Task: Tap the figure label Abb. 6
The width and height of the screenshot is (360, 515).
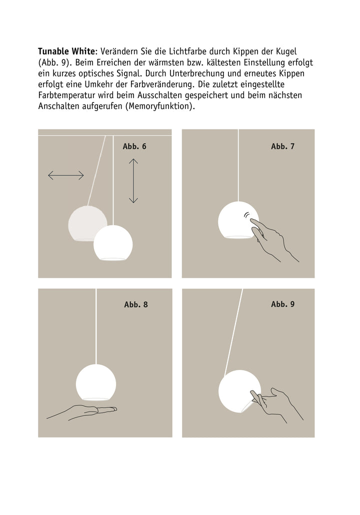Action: [134, 146]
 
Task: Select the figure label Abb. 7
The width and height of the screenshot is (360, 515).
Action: [283, 146]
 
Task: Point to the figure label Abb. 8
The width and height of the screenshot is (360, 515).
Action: [136, 304]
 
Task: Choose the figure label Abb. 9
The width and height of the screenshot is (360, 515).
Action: [283, 304]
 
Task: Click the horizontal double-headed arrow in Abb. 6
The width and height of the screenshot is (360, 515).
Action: [66, 175]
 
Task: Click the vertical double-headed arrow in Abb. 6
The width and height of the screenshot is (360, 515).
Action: [133, 180]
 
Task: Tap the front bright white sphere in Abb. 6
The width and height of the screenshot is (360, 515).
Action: [113, 243]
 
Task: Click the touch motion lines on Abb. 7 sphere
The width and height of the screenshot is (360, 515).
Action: [246, 215]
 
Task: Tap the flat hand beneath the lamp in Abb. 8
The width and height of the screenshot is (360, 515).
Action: [87, 411]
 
